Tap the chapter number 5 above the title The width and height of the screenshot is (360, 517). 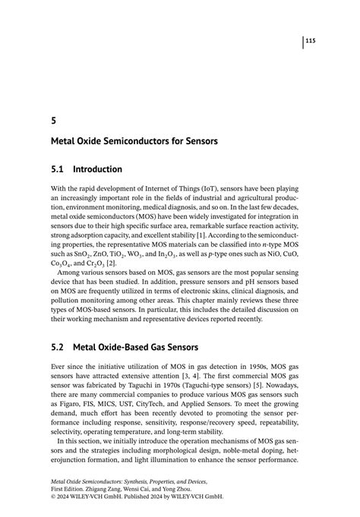pos(53,119)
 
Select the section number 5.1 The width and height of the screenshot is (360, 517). pos(57,169)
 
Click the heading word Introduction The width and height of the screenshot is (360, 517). pos(97,169)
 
